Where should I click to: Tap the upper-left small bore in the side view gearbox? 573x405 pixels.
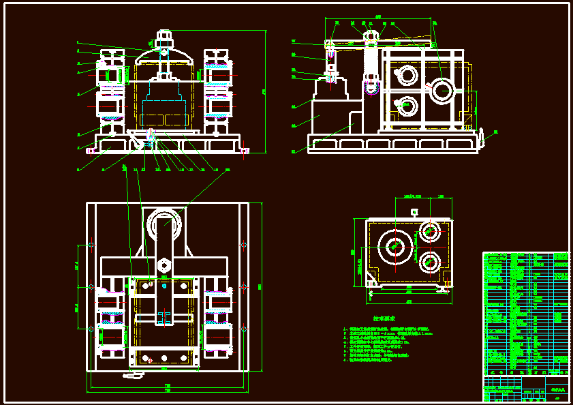point(407,74)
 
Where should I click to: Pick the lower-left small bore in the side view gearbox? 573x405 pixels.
point(407,106)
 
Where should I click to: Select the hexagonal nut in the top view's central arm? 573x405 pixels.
point(164,264)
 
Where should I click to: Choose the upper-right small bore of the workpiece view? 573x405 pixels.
point(430,230)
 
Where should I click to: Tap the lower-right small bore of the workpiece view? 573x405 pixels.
point(430,260)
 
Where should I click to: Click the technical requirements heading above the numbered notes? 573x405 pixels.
point(384,318)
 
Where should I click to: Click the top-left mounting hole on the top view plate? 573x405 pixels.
point(91,243)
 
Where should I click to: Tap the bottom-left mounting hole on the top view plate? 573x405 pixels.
point(91,329)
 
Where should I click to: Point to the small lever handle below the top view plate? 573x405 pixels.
point(134,375)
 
